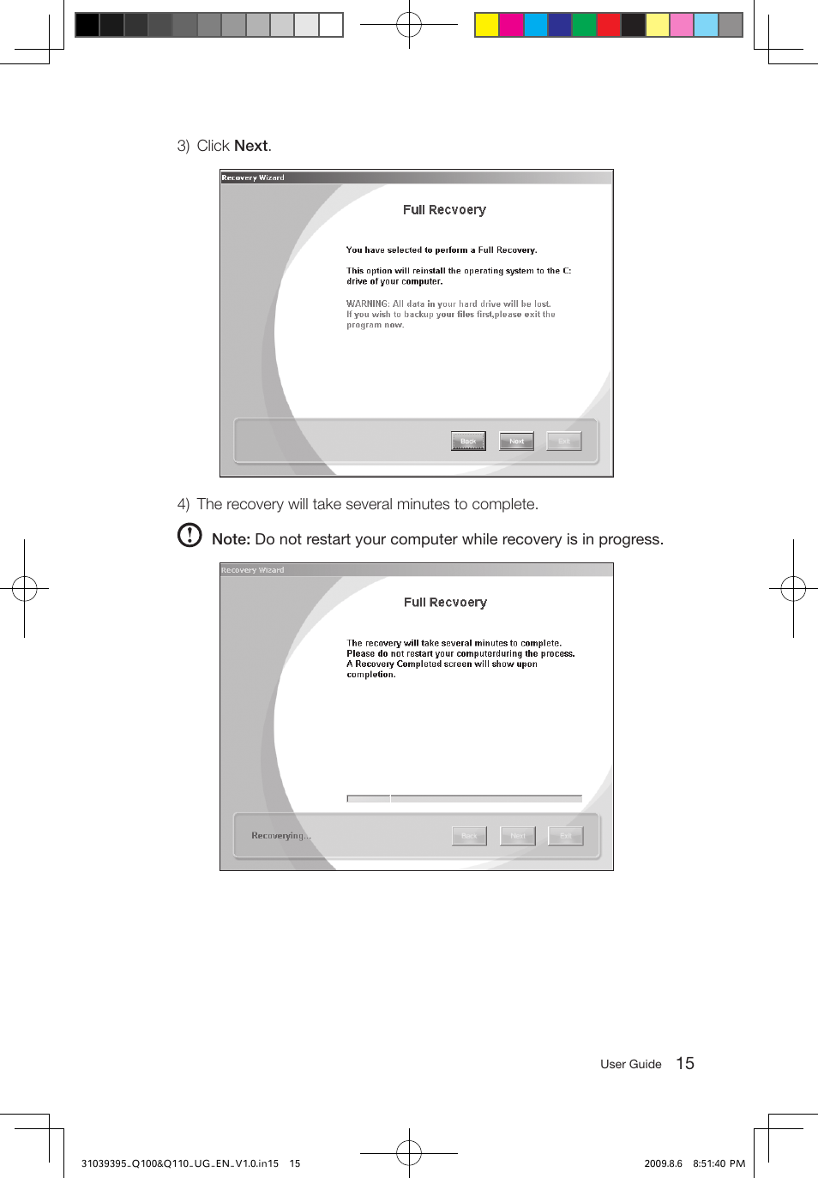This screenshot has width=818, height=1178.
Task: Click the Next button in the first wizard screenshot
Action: (x=516, y=441)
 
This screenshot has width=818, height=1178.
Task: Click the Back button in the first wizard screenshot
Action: (x=468, y=441)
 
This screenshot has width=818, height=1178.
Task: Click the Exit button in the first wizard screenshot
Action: (x=564, y=441)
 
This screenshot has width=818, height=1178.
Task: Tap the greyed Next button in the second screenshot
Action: (x=518, y=836)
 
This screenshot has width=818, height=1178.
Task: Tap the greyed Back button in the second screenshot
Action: (x=469, y=836)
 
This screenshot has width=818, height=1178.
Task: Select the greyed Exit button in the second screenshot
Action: (x=565, y=836)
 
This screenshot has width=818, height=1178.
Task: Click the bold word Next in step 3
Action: (x=251, y=146)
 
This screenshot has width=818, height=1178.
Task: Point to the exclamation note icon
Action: (x=189, y=535)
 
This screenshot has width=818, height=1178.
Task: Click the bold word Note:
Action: (x=231, y=539)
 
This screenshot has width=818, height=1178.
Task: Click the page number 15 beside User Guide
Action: (x=685, y=1063)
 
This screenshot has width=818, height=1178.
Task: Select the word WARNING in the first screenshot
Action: (x=367, y=304)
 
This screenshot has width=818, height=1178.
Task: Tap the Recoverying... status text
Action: (x=281, y=836)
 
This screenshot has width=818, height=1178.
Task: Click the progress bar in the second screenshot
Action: (x=464, y=798)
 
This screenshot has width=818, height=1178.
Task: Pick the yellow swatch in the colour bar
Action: (x=487, y=25)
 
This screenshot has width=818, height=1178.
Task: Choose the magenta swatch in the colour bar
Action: (x=511, y=25)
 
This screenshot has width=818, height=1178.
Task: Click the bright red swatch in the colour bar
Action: (x=609, y=25)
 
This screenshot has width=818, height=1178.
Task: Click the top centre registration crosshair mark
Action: (x=409, y=25)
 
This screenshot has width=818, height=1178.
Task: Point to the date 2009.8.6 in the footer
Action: (x=663, y=1163)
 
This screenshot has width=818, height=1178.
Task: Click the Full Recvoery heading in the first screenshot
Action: (x=444, y=210)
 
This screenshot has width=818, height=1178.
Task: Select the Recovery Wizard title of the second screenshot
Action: (x=253, y=570)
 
